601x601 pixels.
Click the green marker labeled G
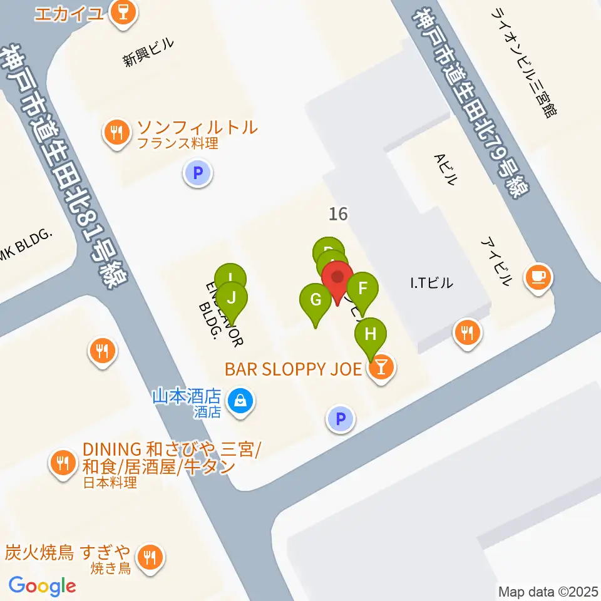[x=316, y=300]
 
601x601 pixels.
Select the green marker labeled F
[x=362, y=289]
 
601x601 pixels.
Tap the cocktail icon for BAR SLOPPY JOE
[x=381, y=369]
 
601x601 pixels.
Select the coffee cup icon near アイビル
[x=537, y=275]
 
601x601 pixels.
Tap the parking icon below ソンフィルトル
[x=198, y=173]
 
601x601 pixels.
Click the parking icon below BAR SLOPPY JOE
[x=341, y=419]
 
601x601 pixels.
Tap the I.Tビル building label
[x=431, y=284]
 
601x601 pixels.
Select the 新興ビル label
[x=148, y=53]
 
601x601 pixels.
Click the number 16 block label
[x=338, y=214]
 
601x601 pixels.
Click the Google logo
[x=42, y=586]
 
